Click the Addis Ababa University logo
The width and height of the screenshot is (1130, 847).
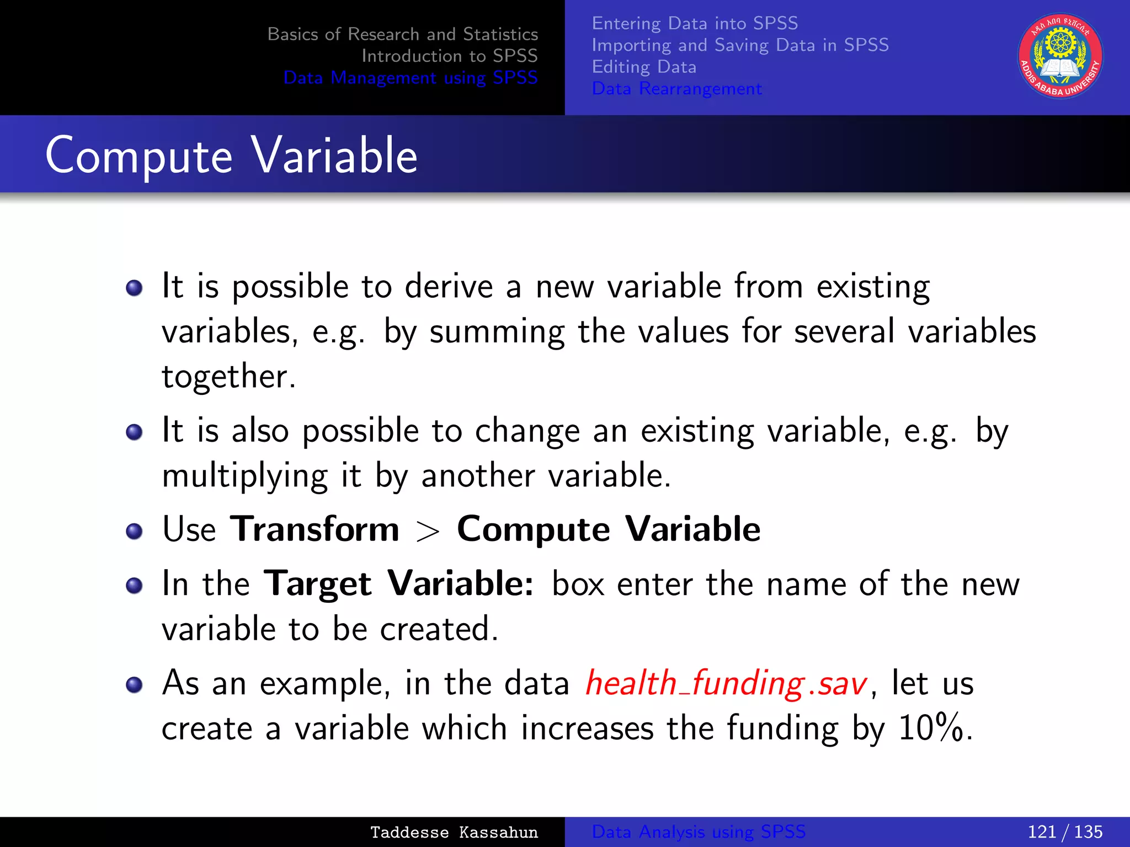click(1060, 56)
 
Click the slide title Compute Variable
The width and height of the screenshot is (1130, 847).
click(231, 156)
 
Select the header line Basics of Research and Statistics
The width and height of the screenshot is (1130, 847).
click(402, 34)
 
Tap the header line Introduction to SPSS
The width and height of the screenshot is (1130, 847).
click(449, 56)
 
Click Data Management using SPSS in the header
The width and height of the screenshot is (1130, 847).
click(410, 78)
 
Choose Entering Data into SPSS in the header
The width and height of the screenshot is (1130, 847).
click(695, 23)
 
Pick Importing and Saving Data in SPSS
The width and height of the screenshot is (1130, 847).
click(740, 45)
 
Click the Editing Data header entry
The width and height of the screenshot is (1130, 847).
click(644, 67)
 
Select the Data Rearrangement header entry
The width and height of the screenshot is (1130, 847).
click(676, 89)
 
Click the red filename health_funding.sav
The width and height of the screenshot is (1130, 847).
click(726, 684)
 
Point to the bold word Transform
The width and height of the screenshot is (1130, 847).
click(315, 529)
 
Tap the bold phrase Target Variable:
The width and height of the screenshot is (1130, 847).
click(398, 585)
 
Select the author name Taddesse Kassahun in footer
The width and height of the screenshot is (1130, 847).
click(454, 832)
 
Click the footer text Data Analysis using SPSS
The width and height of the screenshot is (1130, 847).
click(699, 832)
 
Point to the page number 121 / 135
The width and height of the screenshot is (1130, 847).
click(1064, 832)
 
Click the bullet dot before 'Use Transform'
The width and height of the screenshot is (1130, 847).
click(134, 532)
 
